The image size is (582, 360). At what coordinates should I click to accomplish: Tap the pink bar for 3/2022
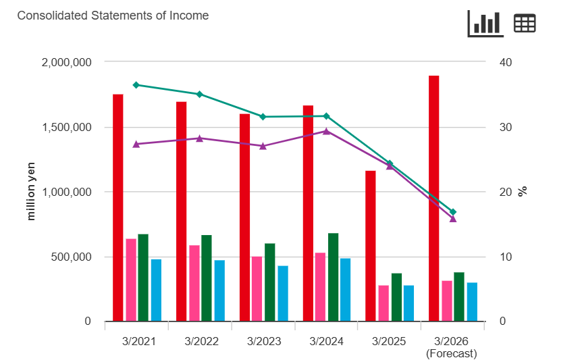tap(194, 283)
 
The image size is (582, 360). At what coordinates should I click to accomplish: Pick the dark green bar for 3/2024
tap(333, 277)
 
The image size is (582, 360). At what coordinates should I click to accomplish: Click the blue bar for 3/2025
tap(408, 303)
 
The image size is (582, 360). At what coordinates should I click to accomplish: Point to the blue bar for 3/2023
tap(283, 293)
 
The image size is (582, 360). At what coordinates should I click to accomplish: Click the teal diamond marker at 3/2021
tap(136, 85)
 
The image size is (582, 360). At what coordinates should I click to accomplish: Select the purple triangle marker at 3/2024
tap(326, 131)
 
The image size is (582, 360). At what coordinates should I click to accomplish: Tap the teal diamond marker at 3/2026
tap(453, 212)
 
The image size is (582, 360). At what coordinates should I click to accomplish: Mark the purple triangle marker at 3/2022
tap(199, 138)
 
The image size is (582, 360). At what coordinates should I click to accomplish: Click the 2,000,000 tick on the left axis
tap(66, 62)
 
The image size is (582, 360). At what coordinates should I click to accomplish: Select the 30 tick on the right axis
tap(506, 127)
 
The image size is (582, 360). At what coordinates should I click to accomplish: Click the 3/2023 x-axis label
tap(263, 341)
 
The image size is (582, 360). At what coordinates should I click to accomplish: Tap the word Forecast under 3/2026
tap(451, 353)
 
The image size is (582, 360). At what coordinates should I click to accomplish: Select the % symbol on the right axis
tap(522, 191)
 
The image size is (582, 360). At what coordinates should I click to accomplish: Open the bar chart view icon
tap(485, 24)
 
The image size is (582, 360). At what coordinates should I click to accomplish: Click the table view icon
tap(525, 24)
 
